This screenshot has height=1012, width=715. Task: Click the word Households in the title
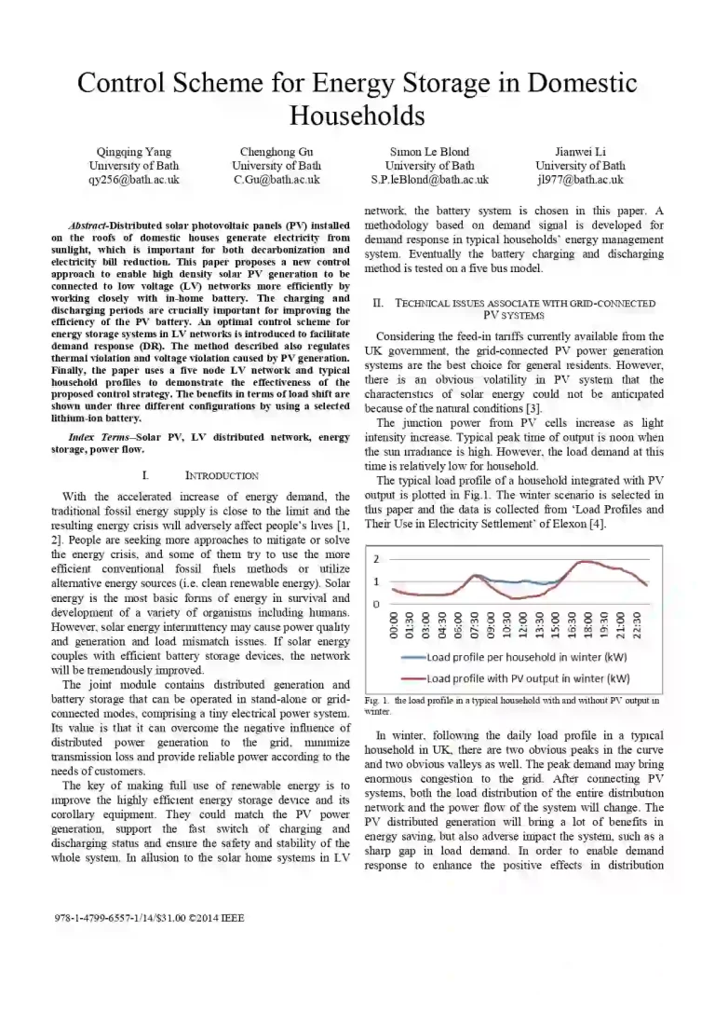(357, 116)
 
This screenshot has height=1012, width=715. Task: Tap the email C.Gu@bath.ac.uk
(277, 180)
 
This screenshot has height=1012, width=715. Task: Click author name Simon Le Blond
(429, 152)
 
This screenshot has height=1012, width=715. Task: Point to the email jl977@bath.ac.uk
(581, 180)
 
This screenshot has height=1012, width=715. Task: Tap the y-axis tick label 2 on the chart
(376, 560)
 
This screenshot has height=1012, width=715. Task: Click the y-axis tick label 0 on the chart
(376, 604)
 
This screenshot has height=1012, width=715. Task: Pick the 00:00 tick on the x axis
(393, 626)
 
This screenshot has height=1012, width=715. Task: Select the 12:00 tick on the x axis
(524, 626)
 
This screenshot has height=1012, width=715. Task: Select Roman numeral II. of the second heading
(378, 304)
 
